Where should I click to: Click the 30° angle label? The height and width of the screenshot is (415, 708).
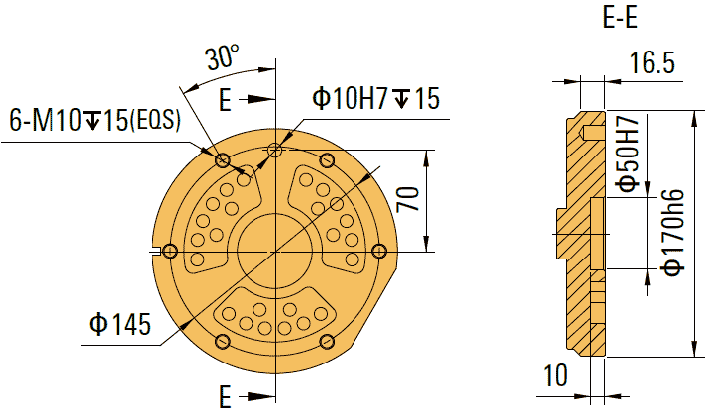pos(223,57)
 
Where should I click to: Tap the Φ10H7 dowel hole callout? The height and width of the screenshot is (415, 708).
pos(375,98)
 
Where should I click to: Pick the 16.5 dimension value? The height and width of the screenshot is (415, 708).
pos(652,64)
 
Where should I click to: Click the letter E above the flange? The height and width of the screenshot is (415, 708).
pos(225,99)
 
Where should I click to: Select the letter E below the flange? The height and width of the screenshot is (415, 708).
pos(225,397)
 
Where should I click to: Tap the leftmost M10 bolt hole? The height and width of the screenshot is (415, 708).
pos(170,251)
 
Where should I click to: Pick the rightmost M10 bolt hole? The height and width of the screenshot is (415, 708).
pos(377,251)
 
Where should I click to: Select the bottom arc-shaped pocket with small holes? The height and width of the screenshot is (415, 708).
pos(274,316)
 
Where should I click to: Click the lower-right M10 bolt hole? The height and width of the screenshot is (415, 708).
pos(327,341)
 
